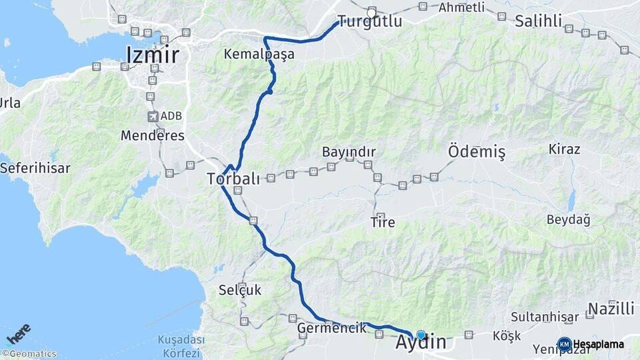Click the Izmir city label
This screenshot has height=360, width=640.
(152, 55)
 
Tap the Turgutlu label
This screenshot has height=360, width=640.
(369, 21)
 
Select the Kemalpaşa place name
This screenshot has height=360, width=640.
(259, 55)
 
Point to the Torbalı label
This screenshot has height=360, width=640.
(233, 179)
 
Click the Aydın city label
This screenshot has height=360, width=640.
(421, 343)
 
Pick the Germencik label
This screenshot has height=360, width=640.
(332, 328)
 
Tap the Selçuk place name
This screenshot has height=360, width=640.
(240, 290)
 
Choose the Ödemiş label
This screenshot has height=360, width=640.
(477, 152)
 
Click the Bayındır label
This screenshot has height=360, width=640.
(349, 152)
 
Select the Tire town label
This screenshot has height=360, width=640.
(383, 223)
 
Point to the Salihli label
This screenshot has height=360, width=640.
(539, 21)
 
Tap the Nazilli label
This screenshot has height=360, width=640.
(611, 309)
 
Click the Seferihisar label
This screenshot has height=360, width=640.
(35, 168)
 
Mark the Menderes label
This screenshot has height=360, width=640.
(152, 135)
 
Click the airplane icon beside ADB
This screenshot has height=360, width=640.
(153, 117)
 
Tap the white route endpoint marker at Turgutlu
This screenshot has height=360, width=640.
(371, 11)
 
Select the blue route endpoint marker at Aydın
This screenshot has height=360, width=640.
(421, 335)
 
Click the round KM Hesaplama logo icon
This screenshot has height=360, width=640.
(564, 344)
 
